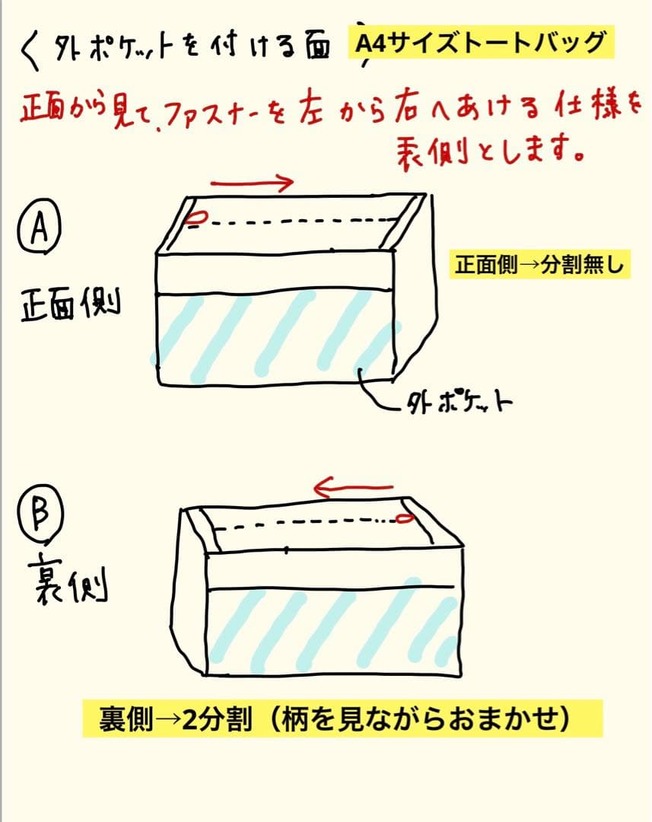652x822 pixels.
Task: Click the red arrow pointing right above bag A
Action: point(252,182)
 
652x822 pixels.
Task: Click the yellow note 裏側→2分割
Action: point(342,718)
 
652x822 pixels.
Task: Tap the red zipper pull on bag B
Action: point(404,519)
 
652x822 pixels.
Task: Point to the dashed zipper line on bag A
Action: point(297,222)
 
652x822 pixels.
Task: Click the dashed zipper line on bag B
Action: point(304,523)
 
